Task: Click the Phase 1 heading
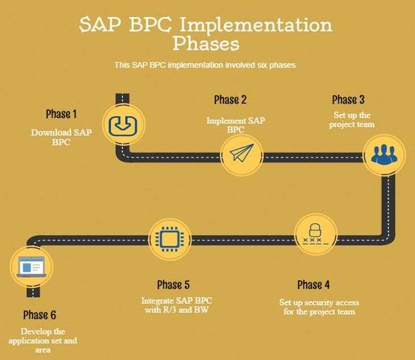tap(61, 114)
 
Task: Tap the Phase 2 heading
tap(230, 100)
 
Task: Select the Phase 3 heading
tap(348, 100)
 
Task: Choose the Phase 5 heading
tap(174, 285)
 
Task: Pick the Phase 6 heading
tap(38, 314)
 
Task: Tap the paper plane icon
tap(242, 154)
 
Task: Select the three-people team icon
tap(384, 154)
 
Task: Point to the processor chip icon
tap(169, 240)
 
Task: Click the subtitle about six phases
tap(205, 65)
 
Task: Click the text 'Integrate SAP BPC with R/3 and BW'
tap(176, 305)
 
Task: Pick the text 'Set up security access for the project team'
tap(318, 307)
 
